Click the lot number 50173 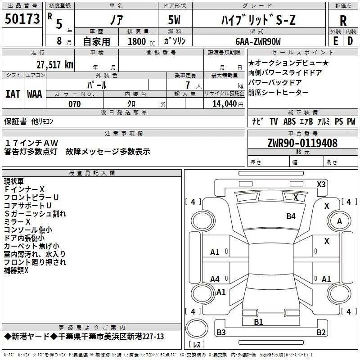tap(22, 18)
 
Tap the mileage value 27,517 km tap(55, 65)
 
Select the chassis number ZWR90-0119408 tap(302, 143)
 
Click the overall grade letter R tap(343, 20)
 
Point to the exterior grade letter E tap(335, 41)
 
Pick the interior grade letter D tap(350, 41)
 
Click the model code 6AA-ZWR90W tap(258, 41)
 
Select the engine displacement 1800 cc tap(141, 41)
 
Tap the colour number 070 tap(75, 104)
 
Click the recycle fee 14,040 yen tap(228, 104)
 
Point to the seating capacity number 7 tap(188, 85)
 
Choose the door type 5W tap(174, 20)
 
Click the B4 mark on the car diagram tap(291, 216)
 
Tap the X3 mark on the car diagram tap(321, 184)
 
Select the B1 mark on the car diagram tap(258, 322)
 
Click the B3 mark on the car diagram tap(221, 332)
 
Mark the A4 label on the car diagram tap(215, 279)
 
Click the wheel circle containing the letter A tap(339, 221)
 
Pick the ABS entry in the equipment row tap(289, 121)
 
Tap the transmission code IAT tap(13, 94)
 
